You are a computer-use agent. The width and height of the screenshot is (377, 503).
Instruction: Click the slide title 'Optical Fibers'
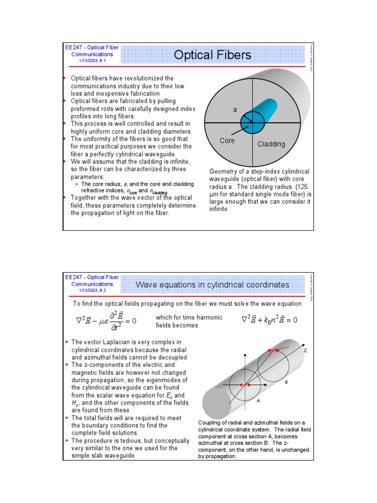(213, 55)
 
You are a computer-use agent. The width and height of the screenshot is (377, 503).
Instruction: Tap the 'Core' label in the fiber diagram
(227, 140)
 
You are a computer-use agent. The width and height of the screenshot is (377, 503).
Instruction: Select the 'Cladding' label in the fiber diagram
(271, 144)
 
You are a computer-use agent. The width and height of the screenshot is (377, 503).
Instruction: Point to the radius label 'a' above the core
(235, 111)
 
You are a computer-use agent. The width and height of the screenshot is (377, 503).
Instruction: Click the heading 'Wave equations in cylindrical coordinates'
(212, 285)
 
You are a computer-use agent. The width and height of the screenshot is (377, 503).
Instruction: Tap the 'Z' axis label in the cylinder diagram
(305, 351)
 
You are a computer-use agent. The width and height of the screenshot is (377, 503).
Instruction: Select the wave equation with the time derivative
(106, 321)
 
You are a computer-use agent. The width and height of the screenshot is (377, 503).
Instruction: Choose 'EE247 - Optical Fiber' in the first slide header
(92, 48)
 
